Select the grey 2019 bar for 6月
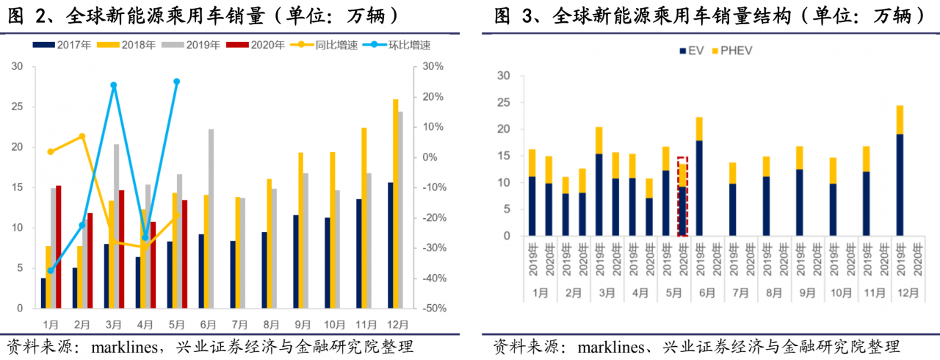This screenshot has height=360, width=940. click(211, 219)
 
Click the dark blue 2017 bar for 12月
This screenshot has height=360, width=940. click(390, 245)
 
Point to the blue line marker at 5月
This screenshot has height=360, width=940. click(177, 82)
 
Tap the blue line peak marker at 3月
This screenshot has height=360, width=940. click(114, 85)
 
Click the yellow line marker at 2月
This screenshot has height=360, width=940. click(82, 137)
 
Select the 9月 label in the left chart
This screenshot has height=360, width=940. click(303, 324)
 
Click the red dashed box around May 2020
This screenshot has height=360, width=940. click(682, 196)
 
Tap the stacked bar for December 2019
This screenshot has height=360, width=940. click(899, 170)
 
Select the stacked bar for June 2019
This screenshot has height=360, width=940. click(699, 176)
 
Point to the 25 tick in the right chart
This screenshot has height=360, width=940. click(504, 102)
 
